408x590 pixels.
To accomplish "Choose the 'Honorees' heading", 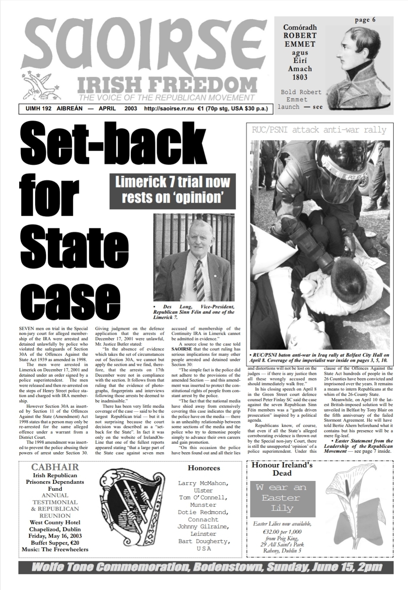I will (x=203, y=468).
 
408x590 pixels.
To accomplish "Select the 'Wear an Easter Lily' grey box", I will (x=281, y=498).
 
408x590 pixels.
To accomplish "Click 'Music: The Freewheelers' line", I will (x=55, y=550).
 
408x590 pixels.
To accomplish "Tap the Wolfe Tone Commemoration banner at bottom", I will (x=206, y=568).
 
